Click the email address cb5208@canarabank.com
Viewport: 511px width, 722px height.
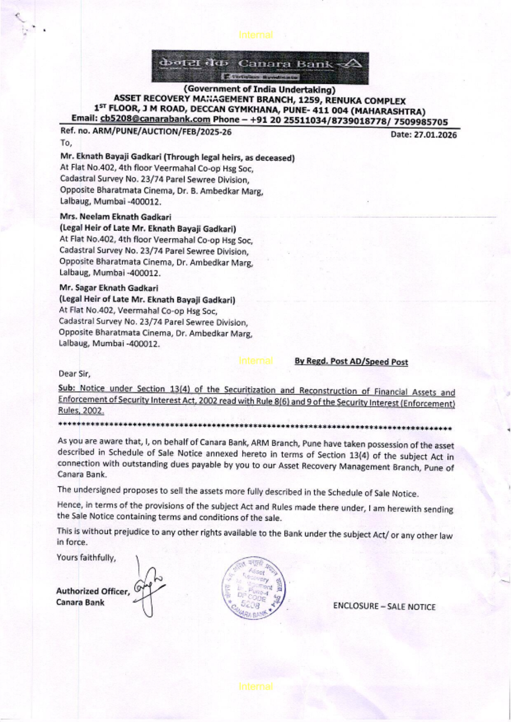click(155, 120)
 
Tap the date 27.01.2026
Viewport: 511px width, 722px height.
click(424, 135)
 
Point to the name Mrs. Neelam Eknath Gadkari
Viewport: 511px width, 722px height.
click(115, 217)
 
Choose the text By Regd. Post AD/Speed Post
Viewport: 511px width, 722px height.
click(351, 362)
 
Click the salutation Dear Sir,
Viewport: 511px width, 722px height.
click(75, 374)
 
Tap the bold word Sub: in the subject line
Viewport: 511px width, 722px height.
click(67, 389)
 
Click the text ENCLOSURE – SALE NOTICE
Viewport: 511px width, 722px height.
click(384, 607)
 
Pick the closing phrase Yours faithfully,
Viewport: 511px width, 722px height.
click(86, 557)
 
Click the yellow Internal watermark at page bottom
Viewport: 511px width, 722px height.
click(255, 687)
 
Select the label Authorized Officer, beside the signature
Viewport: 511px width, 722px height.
click(92, 591)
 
